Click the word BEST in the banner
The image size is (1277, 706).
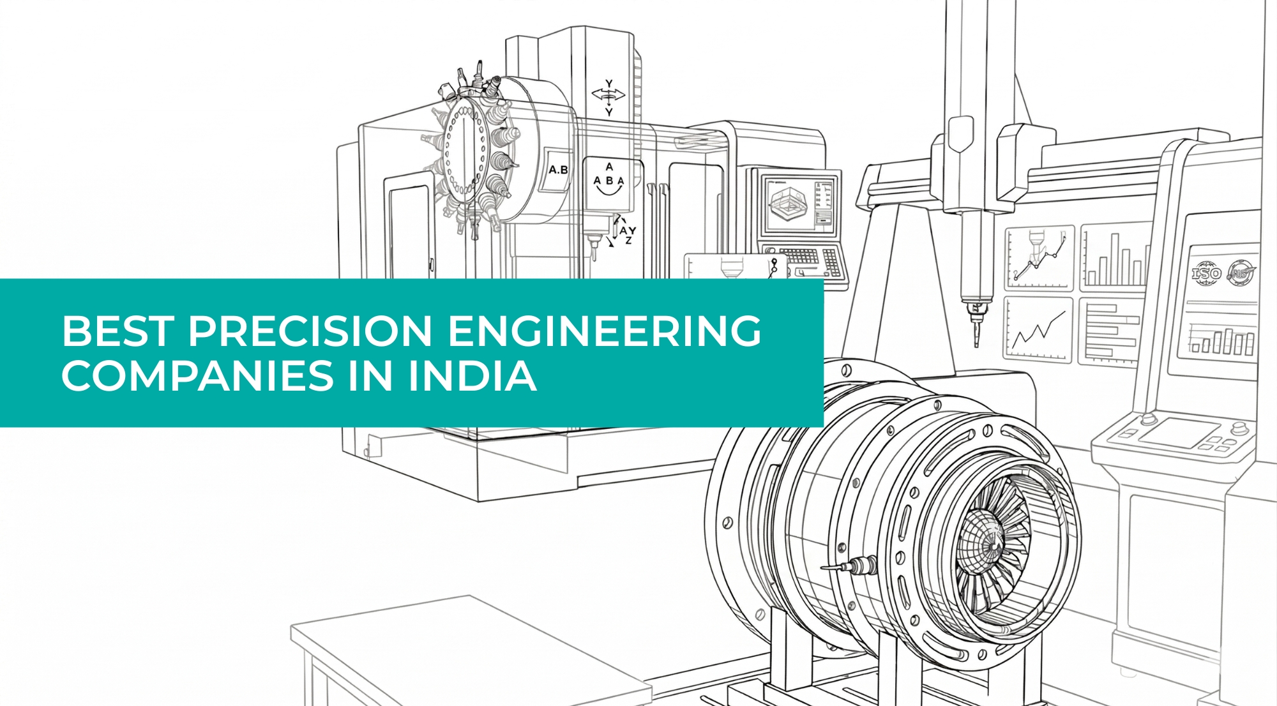click(x=117, y=331)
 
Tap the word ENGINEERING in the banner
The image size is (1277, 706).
click(x=604, y=331)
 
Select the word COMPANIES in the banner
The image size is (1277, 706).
click(x=197, y=375)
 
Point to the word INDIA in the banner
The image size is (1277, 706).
click(x=472, y=375)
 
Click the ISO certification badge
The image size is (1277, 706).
click(x=1206, y=274)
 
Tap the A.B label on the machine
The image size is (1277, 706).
click(x=558, y=170)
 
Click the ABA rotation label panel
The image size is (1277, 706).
click(x=608, y=181)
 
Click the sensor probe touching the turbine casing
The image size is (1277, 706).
click(x=852, y=566)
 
